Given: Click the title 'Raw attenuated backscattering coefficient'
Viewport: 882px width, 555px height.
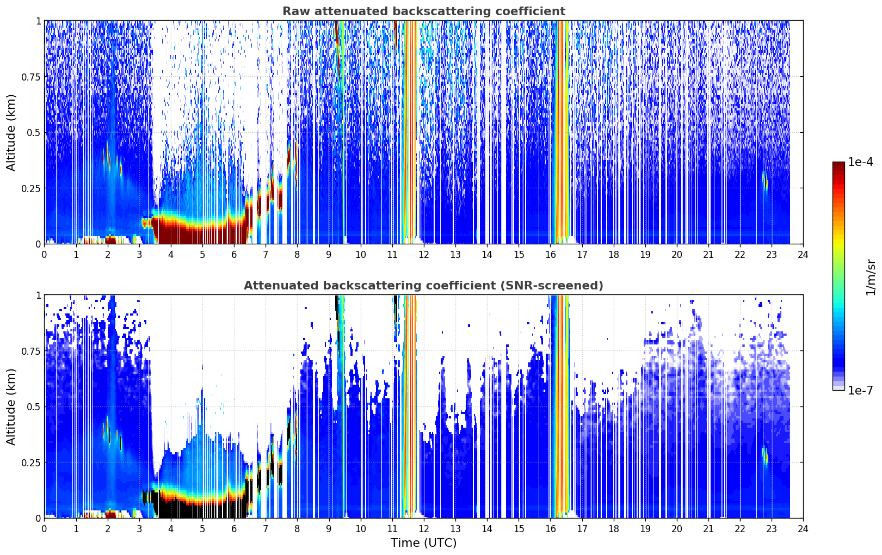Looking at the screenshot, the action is coord(424,11).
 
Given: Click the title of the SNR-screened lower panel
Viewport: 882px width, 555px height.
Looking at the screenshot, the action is coord(424,285).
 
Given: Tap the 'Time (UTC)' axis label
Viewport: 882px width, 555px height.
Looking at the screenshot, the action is coord(424,543).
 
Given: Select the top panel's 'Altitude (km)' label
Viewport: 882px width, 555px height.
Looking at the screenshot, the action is coord(11,132).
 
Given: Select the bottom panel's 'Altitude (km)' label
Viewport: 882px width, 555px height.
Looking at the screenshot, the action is coord(11,406).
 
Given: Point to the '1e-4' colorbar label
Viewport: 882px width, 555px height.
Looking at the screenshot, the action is coord(860,162).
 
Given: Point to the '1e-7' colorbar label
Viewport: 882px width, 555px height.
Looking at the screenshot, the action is coord(860,390).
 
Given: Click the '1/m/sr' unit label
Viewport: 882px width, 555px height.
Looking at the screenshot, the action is coord(871,277).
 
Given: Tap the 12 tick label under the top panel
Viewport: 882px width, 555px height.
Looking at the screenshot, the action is coord(424,254).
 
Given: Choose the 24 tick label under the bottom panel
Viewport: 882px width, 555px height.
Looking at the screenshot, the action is coord(803,529).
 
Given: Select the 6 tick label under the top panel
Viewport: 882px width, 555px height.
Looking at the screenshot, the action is coord(234,254).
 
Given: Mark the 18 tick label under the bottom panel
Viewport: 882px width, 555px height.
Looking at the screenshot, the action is coord(613,529).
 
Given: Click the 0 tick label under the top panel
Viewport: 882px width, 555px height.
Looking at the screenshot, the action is coord(44,254).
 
